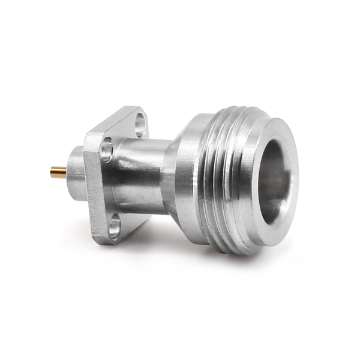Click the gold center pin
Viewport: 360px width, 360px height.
pos(58,173)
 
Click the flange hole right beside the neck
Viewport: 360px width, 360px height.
pos(107,148)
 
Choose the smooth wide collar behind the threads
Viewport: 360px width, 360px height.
pos(192,180)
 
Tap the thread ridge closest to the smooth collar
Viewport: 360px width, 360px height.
pos(210,180)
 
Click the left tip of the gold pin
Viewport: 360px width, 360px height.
pos(52,173)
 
